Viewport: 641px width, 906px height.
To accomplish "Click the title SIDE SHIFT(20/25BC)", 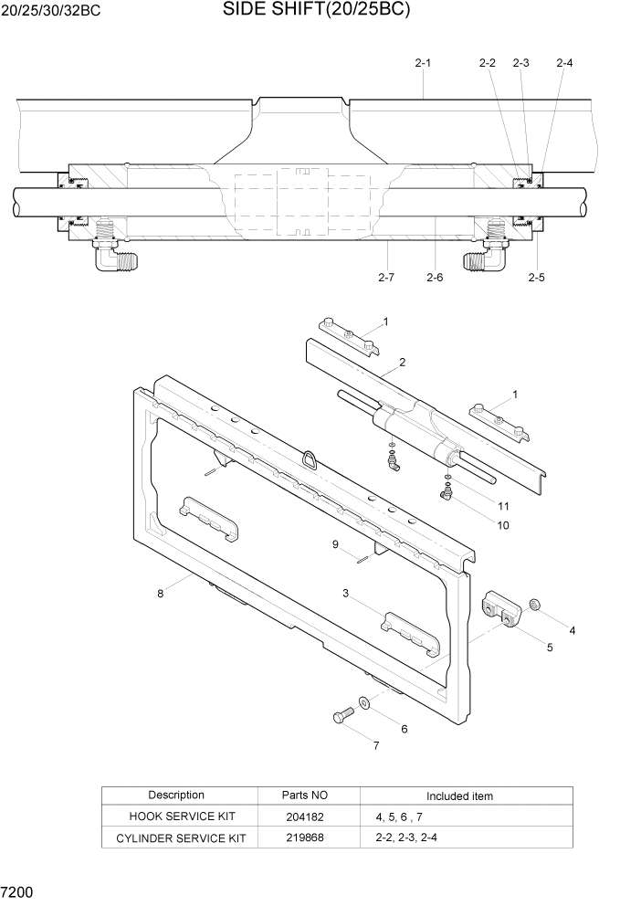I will click(316, 12).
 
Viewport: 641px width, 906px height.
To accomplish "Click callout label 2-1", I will click(423, 63).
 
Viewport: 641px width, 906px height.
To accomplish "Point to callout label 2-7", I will click(385, 278).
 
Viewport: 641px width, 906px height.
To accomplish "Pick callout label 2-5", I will click(536, 278).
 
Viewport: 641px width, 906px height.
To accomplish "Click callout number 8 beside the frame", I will click(161, 593).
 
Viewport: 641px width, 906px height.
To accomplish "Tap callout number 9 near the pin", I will click(336, 544).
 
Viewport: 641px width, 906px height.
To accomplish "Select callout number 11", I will click(503, 505).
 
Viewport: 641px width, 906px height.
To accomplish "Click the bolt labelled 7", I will click(343, 717).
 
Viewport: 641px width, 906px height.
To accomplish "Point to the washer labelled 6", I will click(364, 702).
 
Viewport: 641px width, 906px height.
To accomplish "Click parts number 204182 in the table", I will click(305, 817).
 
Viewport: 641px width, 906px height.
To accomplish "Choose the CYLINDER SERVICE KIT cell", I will click(181, 838).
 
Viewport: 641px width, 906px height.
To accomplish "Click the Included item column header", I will click(459, 795).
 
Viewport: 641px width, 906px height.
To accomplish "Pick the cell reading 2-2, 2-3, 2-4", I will click(406, 838).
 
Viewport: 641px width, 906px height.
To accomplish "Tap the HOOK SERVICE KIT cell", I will click(181, 817).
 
